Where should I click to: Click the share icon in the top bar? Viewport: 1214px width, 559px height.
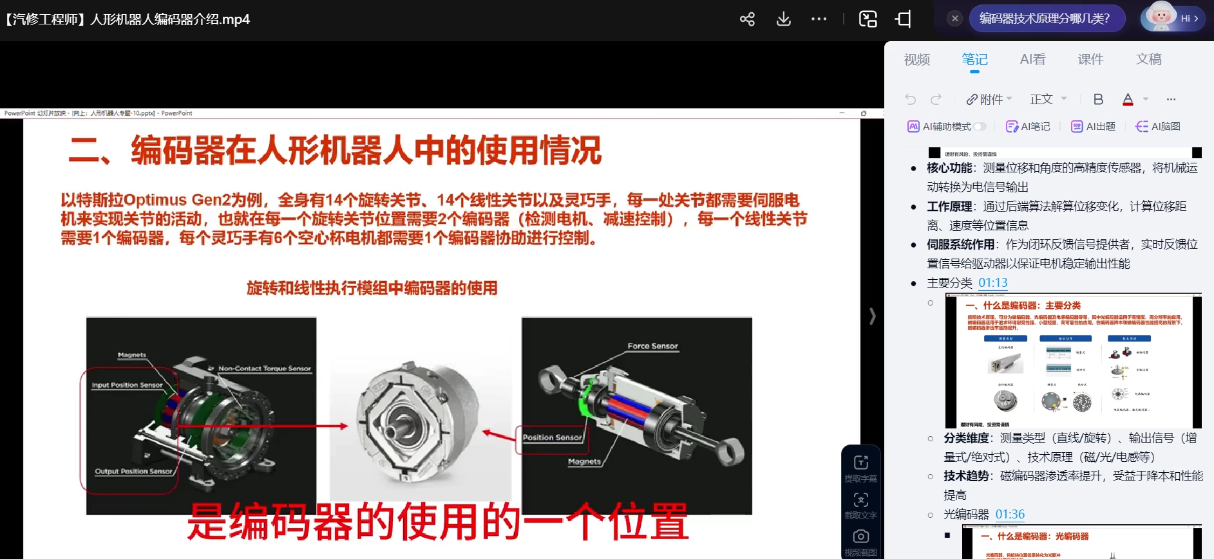point(747,19)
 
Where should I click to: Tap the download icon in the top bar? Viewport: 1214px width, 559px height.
point(783,19)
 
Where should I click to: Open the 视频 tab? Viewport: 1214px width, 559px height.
point(916,60)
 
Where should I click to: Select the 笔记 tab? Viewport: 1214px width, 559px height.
point(974,60)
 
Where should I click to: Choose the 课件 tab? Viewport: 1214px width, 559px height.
point(1090,60)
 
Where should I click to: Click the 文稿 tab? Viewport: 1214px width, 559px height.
point(1148,60)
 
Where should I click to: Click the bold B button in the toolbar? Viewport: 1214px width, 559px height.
point(1098,100)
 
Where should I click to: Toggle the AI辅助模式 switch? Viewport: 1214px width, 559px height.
point(979,127)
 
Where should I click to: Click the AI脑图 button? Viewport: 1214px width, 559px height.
point(1158,127)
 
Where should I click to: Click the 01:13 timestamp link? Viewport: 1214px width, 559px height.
point(992,283)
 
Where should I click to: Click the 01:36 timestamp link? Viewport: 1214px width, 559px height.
point(1010,515)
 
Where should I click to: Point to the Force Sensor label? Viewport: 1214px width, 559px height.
point(652,346)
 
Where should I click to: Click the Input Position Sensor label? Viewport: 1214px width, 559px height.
point(127,385)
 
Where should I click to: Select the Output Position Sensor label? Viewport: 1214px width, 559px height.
point(133,472)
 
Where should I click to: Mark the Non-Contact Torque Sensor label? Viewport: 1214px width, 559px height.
point(264,369)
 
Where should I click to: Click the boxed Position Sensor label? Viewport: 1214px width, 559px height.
point(552,437)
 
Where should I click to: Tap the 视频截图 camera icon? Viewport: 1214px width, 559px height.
point(860,537)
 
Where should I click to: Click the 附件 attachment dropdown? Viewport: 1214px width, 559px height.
point(989,100)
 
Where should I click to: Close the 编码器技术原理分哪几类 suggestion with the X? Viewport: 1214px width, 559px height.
point(955,19)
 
